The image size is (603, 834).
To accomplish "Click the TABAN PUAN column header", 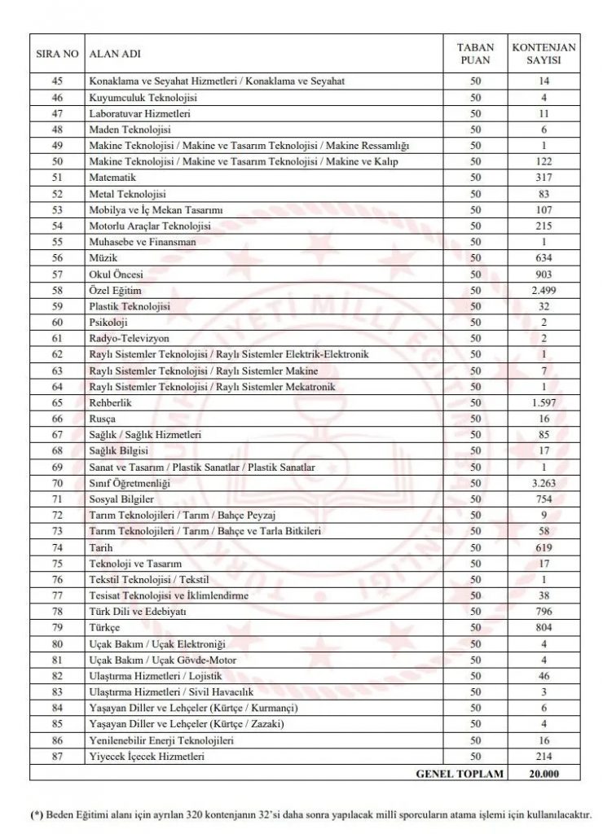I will pyautogui.click(x=475, y=54).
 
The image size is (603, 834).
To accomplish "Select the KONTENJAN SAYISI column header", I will pyautogui.click(x=544, y=54).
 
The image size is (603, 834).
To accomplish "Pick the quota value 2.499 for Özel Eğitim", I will pyautogui.click(x=544, y=291).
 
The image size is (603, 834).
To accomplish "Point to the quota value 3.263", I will pyautogui.click(x=544, y=483).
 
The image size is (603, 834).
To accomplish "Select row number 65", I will pyautogui.click(x=57, y=403).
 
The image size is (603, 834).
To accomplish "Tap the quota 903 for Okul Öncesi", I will pyautogui.click(x=544, y=274).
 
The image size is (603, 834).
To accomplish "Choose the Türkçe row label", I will pyautogui.click(x=104, y=628).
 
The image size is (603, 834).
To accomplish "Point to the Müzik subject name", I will pyautogui.click(x=101, y=258).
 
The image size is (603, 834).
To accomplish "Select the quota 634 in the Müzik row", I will pyautogui.click(x=544, y=258).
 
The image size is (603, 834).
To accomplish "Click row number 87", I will pyautogui.click(x=57, y=757).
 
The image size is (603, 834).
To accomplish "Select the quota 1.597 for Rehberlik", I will pyautogui.click(x=544, y=403).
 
